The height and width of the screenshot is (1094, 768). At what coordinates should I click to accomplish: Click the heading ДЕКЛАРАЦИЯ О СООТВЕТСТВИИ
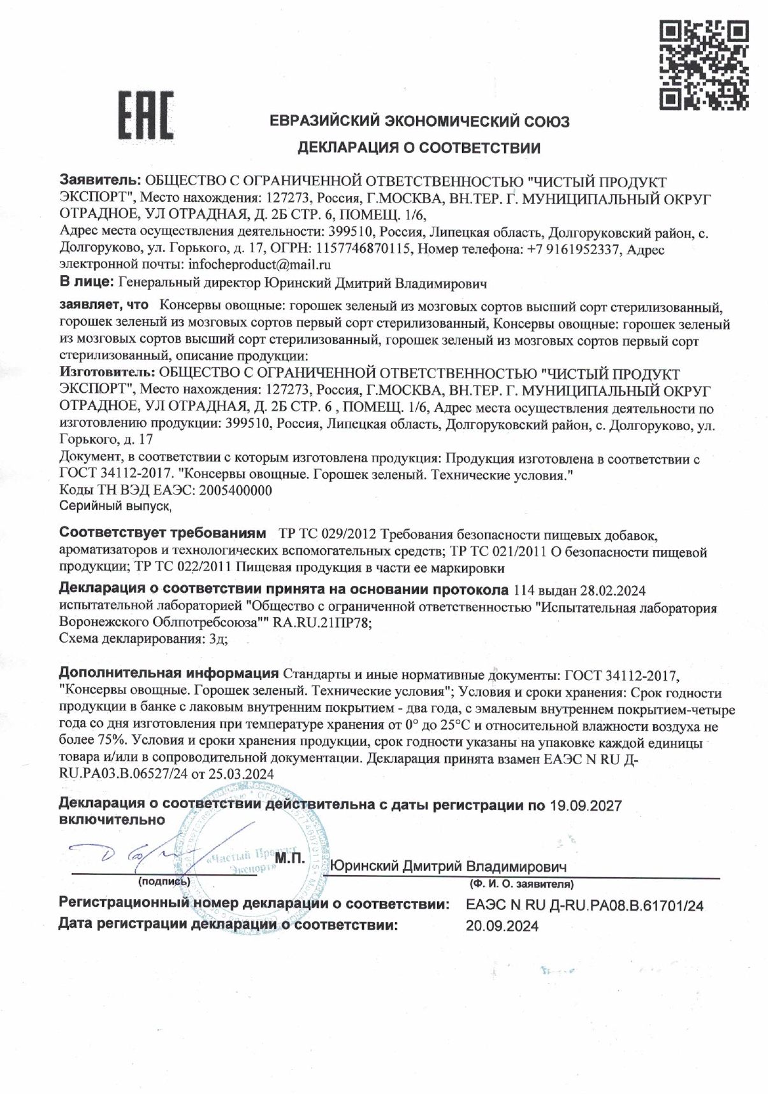pos(419,149)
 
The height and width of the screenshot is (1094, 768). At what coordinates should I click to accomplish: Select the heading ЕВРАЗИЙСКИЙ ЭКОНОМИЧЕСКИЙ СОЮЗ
pos(419,121)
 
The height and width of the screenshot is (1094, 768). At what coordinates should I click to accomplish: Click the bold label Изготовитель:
pos(106,374)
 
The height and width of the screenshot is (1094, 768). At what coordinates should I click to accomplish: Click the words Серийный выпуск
pos(115,506)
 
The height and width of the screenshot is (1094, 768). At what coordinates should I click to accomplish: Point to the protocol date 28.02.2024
pos(610,592)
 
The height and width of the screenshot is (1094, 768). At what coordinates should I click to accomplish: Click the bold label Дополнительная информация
pos(168,674)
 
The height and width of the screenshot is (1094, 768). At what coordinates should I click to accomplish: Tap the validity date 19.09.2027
pos(584,806)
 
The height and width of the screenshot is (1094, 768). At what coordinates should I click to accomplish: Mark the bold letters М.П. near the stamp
pos(290,858)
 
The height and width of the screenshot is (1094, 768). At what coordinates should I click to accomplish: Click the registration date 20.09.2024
pos(502,926)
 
